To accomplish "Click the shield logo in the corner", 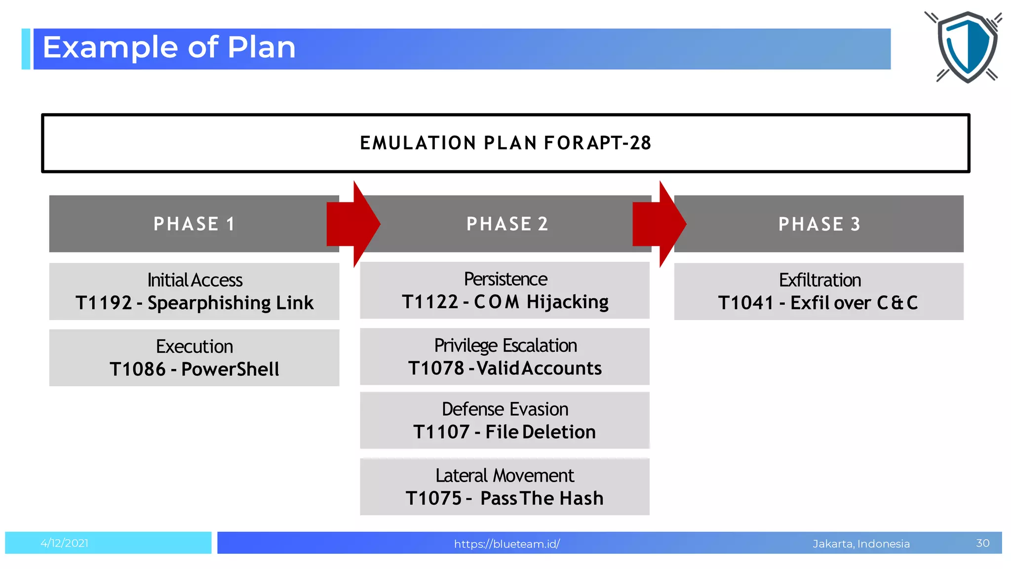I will (967, 47).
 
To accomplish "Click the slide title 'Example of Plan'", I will (169, 48).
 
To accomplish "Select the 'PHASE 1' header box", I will (194, 224).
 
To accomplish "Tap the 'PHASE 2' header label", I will (507, 224).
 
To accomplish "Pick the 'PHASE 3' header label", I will (819, 224).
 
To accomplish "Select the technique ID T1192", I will (104, 303).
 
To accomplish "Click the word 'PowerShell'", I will (230, 369).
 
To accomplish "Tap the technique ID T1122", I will (430, 302).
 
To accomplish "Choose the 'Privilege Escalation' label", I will (505, 345).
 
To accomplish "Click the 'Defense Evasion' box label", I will (505, 409).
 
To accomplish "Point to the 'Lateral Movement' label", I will (505, 475).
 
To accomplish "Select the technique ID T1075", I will (433, 498).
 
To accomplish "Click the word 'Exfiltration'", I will (819, 280).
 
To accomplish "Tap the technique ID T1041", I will (745, 303).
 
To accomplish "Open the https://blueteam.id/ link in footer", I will (506, 544).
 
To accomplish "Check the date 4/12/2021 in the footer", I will (64, 543).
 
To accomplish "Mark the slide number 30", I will (982, 543).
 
